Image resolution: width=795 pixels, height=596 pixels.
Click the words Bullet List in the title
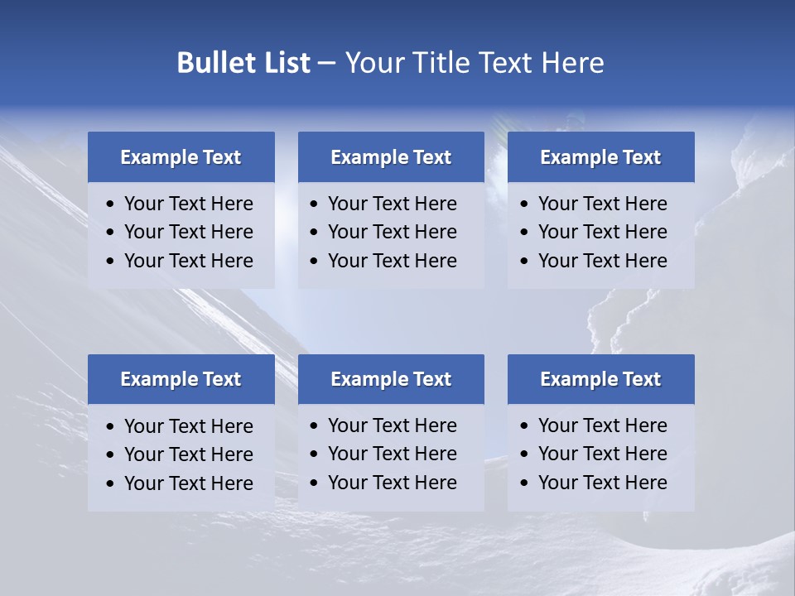click(x=243, y=63)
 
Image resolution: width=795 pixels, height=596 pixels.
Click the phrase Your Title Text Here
click(x=475, y=63)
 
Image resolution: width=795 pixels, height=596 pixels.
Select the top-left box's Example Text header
click(x=181, y=157)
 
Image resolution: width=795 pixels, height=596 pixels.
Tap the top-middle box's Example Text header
click(x=391, y=157)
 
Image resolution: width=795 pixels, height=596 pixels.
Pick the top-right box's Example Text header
click(x=600, y=157)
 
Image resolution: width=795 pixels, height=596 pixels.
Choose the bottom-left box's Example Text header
click(x=181, y=379)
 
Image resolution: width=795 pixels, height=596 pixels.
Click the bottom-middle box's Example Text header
click(x=391, y=379)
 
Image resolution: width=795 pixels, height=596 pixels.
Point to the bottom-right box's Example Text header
click(x=600, y=379)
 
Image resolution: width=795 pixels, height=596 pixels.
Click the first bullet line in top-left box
click(x=188, y=204)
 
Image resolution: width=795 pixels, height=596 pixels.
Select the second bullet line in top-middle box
click(x=392, y=232)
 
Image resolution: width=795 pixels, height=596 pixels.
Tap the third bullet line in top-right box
click(x=602, y=261)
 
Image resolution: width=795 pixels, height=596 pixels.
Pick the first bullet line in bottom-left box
click(x=188, y=426)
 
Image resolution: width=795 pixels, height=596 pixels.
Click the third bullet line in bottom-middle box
click(x=392, y=483)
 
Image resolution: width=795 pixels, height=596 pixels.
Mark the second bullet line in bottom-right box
click(x=602, y=454)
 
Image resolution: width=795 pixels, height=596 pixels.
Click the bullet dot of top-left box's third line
click(x=111, y=262)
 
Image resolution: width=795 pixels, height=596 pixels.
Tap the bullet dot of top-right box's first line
click(x=524, y=204)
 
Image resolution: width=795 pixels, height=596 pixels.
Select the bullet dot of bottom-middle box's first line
click(x=314, y=426)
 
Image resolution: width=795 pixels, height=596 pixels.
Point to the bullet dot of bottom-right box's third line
click(x=524, y=483)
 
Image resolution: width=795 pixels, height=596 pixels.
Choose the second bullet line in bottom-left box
click(x=188, y=454)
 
